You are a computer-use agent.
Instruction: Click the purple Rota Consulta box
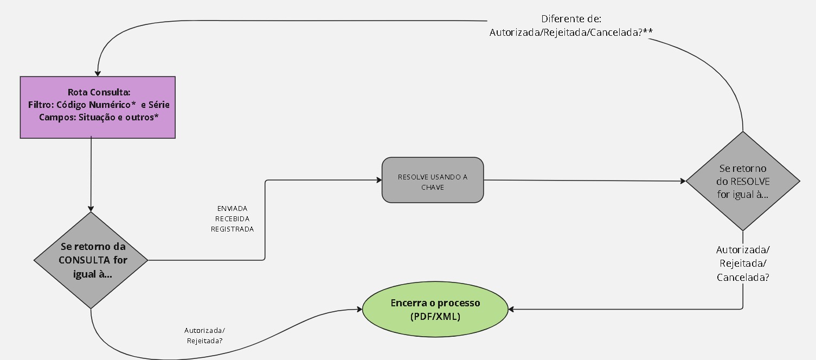click(98, 107)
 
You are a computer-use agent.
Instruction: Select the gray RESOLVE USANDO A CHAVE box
click(433, 180)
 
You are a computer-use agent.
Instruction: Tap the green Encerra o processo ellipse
click(435, 309)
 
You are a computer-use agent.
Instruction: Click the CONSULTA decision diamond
click(91, 260)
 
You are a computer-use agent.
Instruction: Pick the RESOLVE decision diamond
click(743, 181)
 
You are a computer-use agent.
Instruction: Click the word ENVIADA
click(232, 208)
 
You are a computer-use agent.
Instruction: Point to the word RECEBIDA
click(232, 218)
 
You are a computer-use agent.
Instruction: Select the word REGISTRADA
click(232, 229)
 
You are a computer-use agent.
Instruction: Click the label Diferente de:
click(571, 18)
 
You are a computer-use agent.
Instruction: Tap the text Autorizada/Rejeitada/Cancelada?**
click(571, 33)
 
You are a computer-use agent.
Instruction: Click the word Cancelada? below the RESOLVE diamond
click(743, 277)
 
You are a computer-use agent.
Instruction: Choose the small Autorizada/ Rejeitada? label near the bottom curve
click(204, 336)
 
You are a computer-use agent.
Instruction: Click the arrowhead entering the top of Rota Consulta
click(98, 74)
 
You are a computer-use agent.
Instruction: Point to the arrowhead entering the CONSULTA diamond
click(91, 209)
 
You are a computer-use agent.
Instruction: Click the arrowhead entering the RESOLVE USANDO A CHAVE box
click(379, 179)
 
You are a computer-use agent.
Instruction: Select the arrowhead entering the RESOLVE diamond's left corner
click(683, 181)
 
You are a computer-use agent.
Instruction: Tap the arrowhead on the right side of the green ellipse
click(511, 310)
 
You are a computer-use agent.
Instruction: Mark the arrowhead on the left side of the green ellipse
click(359, 310)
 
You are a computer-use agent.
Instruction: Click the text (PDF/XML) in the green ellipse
click(435, 316)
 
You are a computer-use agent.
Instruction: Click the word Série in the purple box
click(159, 105)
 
